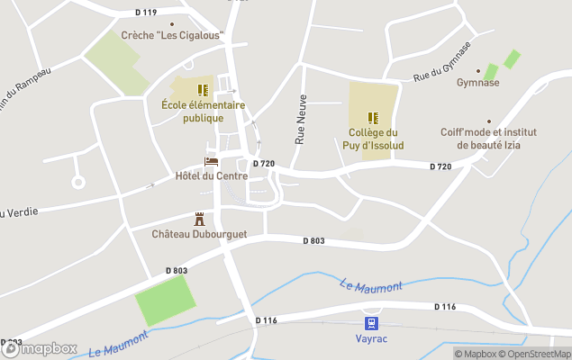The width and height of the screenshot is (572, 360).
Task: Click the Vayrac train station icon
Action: point(370,323)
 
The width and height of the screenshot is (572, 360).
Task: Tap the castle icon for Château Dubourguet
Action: point(200,219)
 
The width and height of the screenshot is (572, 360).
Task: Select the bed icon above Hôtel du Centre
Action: point(212,162)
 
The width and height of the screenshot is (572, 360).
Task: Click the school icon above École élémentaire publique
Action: point(203,90)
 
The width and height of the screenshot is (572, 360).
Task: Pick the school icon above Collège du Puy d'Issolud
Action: point(373,118)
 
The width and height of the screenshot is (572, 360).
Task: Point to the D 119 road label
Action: point(145,13)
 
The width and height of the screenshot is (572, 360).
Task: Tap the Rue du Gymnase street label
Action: point(442,63)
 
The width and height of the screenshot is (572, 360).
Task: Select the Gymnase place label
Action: point(477,83)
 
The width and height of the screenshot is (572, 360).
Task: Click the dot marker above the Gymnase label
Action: point(477,70)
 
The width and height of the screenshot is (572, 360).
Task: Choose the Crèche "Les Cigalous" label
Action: point(172,36)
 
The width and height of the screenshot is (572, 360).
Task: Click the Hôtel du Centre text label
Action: point(212,175)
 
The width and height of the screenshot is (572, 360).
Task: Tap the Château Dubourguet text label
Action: point(199,233)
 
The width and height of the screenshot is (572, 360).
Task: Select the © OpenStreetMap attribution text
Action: point(537,354)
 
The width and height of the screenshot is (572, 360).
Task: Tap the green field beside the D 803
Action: point(165,301)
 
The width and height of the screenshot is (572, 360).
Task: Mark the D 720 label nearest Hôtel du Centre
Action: point(263,163)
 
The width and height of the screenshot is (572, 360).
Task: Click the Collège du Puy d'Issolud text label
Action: point(373,139)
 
